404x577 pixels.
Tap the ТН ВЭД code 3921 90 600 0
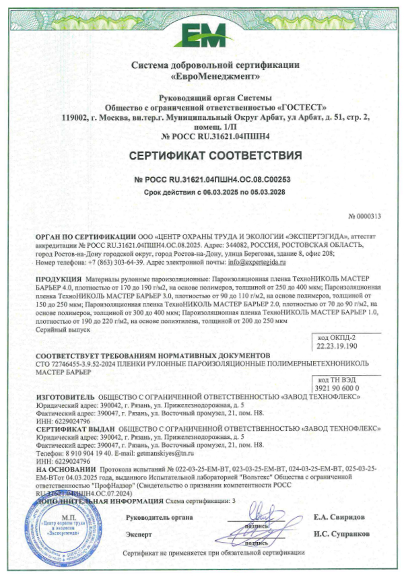click(335, 388)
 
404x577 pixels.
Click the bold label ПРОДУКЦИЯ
click(59, 278)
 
